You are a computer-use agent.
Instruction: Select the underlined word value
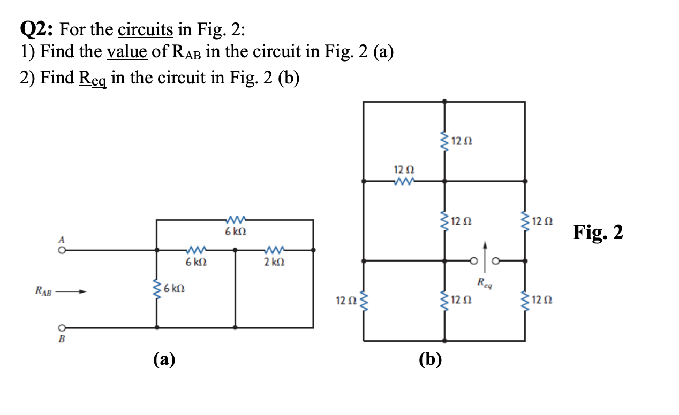click(129, 52)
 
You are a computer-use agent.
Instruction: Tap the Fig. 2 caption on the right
click(598, 233)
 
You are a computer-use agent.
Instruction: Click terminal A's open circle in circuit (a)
click(62, 249)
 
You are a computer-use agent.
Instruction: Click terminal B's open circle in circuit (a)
click(62, 327)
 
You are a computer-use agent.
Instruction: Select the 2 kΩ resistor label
click(275, 263)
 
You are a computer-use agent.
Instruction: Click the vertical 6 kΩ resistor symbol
click(156, 289)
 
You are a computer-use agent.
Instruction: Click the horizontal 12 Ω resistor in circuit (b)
click(404, 182)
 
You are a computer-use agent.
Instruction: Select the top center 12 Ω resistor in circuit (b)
click(444, 141)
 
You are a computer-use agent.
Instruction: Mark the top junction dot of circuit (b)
click(444, 101)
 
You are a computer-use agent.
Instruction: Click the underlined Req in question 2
click(94, 78)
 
